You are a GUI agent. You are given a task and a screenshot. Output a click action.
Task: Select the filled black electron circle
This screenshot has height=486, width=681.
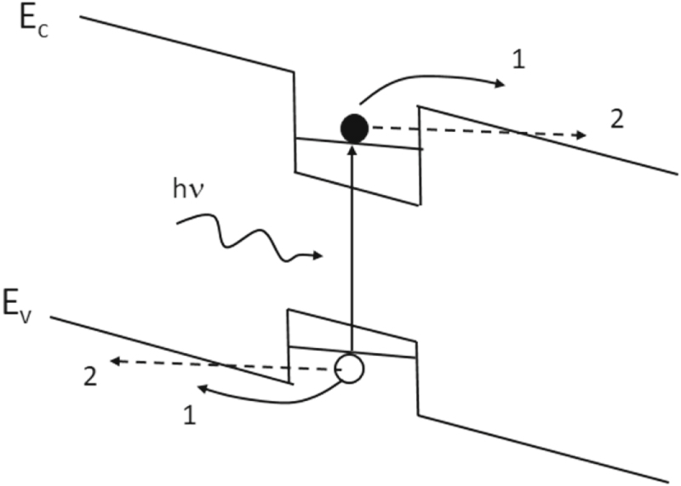[353, 129]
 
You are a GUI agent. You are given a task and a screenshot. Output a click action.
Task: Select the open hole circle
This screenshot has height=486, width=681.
[349, 369]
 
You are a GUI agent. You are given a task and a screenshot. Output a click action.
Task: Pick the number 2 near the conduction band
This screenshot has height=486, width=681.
[618, 119]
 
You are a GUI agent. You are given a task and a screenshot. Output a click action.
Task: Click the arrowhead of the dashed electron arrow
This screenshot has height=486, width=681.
[581, 135]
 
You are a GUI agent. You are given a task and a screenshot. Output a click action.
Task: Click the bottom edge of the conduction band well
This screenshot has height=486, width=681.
[358, 188]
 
